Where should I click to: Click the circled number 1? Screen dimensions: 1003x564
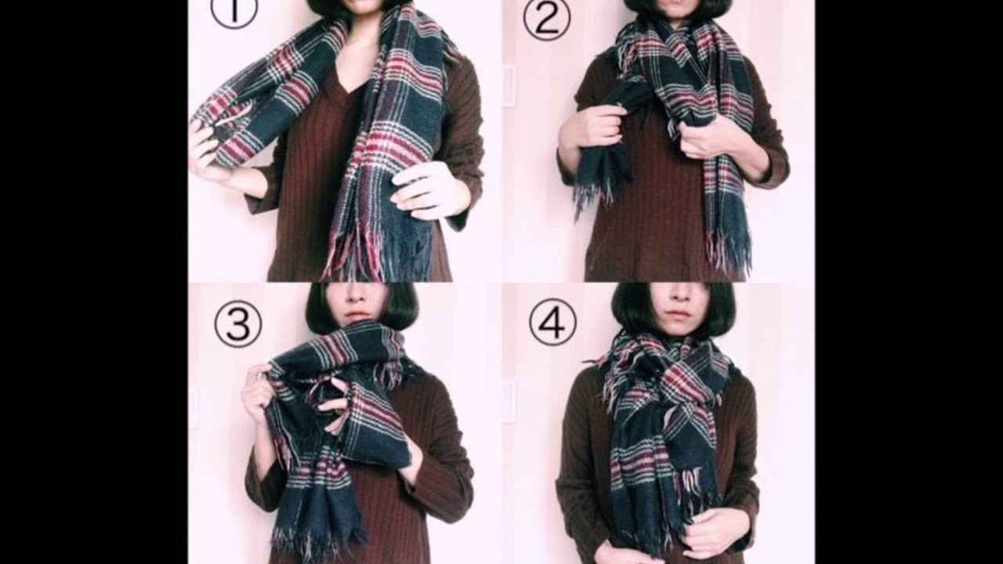click(x=234, y=10)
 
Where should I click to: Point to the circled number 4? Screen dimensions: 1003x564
click(x=553, y=321)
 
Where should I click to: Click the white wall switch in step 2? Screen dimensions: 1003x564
click(x=509, y=86)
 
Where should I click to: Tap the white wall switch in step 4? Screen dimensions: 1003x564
click(x=509, y=400)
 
